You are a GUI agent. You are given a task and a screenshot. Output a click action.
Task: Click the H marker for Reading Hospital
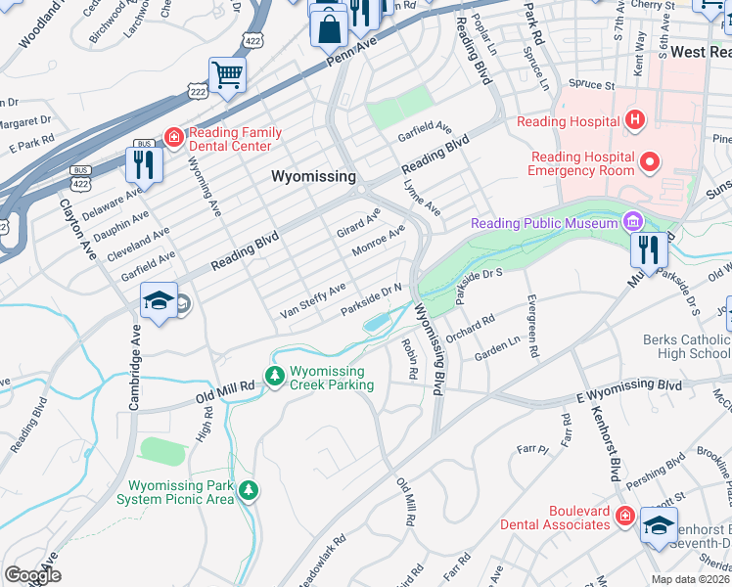[x=635, y=121]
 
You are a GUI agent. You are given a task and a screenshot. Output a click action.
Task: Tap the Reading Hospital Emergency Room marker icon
[x=648, y=158]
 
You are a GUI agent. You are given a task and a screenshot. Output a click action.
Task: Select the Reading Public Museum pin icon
[x=633, y=223]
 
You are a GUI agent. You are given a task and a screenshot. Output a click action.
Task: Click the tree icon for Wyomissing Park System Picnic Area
[x=251, y=489]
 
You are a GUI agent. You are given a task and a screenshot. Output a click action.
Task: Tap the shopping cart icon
[x=227, y=74]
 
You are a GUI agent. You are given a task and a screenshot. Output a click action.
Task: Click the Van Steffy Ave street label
[x=312, y=300]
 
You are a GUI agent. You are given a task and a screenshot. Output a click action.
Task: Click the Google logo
[x=32, y=575]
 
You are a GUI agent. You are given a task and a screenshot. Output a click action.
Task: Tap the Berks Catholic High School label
[x=686, y=346]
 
